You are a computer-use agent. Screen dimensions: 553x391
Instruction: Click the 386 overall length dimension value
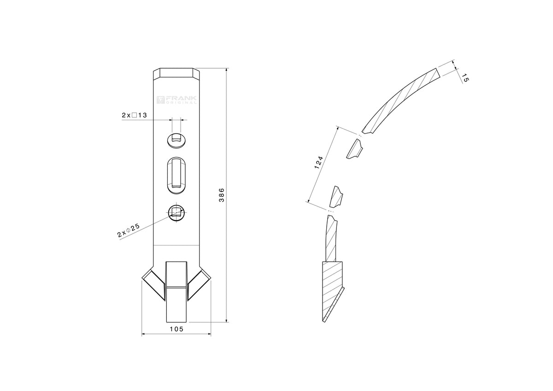222,195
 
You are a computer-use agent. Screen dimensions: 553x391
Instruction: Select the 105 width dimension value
177,329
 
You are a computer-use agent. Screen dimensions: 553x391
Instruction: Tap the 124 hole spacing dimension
318,163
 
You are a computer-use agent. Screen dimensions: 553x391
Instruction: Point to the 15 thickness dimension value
465,78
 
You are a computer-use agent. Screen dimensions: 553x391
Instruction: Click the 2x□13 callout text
134,115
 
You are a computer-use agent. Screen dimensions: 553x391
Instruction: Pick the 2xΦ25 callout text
129,231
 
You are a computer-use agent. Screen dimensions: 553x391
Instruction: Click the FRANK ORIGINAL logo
177,100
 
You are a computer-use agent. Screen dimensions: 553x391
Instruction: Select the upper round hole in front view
176,140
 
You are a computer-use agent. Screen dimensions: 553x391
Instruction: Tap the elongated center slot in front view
176,175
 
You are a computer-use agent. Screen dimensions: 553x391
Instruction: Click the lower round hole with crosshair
176,212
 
